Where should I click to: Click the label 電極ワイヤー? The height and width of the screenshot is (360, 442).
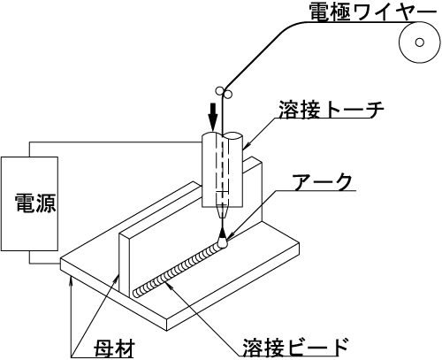pyautogui.click(x=372, y=12)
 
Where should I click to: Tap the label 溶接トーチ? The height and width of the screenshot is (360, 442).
pyautogui.click(x=331, y=109)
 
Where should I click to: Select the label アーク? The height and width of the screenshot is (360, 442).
pyautogui.click(x=323, y=182)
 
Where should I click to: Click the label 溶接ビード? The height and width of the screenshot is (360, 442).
pyautogui.click(x=295, y=348)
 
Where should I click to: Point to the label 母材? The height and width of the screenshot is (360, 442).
pyautogui.click(x=114, y=349)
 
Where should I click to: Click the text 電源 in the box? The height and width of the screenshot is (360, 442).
pyautogui.click(x=35, y=203)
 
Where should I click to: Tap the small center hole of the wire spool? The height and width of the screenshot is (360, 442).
pyautogui.click(x=419, y=42)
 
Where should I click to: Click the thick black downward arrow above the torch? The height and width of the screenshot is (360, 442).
pyautogui.click(x=212, y=117)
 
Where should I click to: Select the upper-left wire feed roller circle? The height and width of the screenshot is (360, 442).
pyautogui.click(x=219, y=90)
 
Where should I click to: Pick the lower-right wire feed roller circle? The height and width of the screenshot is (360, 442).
pyautogui.click(x=228, y=95)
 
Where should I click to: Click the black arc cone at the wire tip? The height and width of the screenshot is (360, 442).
pyautogui.click(x=223, y=234)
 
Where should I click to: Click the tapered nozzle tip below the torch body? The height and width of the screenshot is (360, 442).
pyautogui.click(x=223, y=212)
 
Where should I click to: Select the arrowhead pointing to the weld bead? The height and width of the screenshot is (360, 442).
pyautogui.click(x=169, y=285)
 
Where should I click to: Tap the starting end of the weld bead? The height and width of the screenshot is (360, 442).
pyautogui.click(x=137, y=293)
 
